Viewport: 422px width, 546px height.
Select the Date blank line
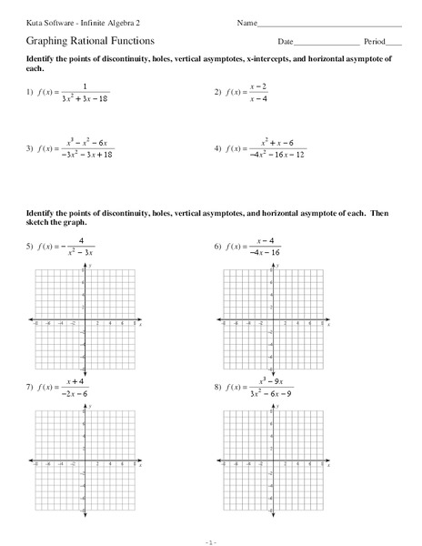[x=327, y=43]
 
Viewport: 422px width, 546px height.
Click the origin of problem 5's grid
[x=85, y=319]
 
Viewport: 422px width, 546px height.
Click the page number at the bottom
[x=211, y=539]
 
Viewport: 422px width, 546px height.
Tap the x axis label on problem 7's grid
[x=141, y=464]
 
